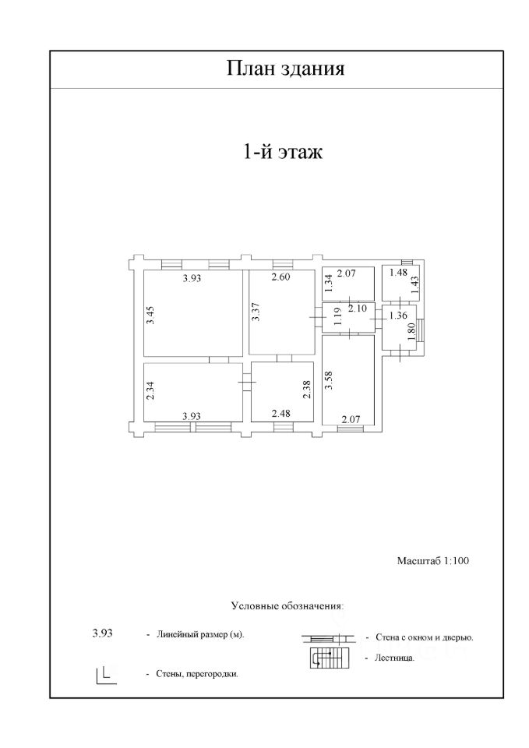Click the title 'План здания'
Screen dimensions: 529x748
(285, 69)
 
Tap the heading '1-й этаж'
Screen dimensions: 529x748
(283, 151)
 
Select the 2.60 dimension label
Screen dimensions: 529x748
(281, 278)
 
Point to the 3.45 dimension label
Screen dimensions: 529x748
(151, 315)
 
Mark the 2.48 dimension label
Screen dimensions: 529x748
(281, 414)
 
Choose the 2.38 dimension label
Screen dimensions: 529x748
(307, 389)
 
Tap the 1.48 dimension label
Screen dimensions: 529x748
(397, 272)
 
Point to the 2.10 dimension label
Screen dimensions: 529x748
(358, 309)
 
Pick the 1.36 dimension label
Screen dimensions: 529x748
(397, 316)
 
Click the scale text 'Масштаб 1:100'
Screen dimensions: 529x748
(434, 560)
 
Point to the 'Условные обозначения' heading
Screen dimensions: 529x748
(287, 605)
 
